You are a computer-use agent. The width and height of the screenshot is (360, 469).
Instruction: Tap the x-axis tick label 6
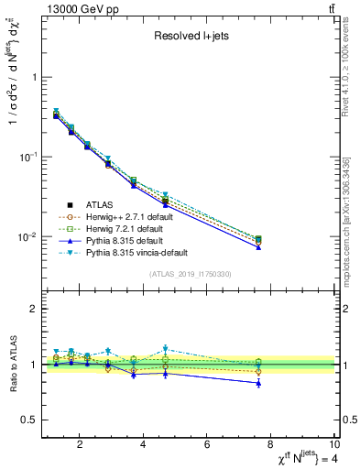[x=207, y=444]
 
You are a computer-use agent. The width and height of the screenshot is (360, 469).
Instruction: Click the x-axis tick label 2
[x=81, y=444]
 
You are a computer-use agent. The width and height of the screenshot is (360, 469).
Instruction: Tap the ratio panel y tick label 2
[x=34, y=309]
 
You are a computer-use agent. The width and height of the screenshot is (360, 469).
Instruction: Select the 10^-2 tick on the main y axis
[x=28, y=237]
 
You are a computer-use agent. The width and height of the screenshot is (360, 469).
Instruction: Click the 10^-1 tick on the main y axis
[x=28, y=158]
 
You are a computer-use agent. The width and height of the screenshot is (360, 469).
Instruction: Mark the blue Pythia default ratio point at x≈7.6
[x=258, y=383]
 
